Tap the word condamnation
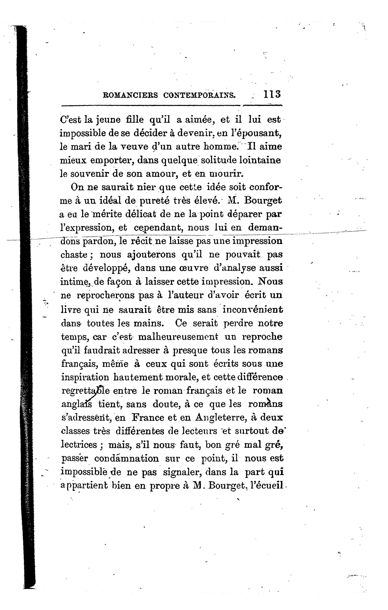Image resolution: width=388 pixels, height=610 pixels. tap(127, 459)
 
